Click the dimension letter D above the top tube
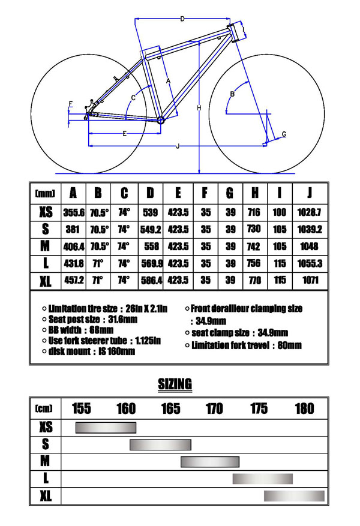[182, 19]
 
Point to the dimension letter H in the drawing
[199, 107]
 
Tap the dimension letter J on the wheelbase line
[178, 146]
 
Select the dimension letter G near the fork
[284, 133]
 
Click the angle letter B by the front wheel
[232, 94]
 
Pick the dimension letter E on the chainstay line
[124, 133]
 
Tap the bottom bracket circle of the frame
[161, 121]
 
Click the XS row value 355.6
[73, 212]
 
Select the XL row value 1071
[310, 280]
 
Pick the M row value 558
[151, 247]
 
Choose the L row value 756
[255, 263]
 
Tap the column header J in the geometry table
[310, 193]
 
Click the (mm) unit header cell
[45, 194]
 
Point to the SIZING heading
[175, 384]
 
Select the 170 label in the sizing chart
[214, 409]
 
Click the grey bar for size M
[210, 461]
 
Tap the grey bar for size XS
[106, 427]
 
